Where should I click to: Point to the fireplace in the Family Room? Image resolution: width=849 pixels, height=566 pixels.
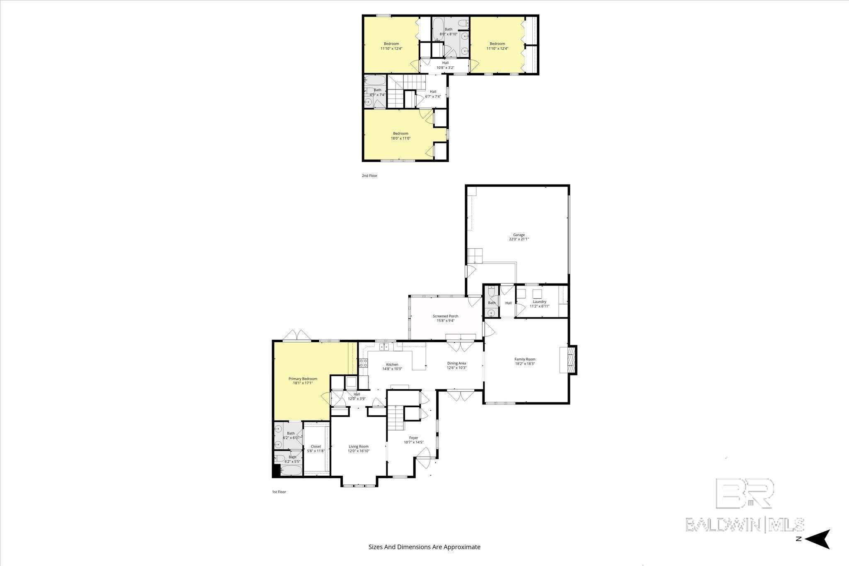pos(568,360)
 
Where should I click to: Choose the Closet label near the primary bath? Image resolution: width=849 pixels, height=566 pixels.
pos(316,447)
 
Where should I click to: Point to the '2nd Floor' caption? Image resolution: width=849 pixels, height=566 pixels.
pos(369,176)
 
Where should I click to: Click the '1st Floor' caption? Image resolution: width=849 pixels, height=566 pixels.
pos(279,492)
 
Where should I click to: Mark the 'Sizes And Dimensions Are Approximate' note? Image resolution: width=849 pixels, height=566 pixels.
pos(424,547)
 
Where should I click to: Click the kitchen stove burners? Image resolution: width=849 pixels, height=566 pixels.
pos(364,363)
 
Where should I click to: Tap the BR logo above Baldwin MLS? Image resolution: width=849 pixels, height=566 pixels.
pos(745,493)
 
